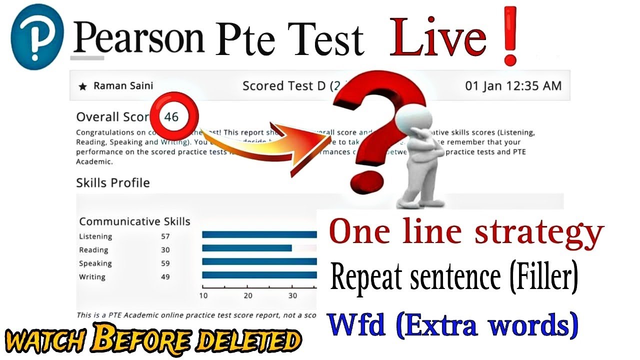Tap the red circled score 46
(171, 117)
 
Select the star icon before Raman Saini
(83, 86)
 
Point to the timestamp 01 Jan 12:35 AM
(513, 86)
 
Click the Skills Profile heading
(112, 183)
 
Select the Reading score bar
(246, 248)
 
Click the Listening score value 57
(165, 236)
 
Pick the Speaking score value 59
(165, 263)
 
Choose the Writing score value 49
(165, 277)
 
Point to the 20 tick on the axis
(248, 295)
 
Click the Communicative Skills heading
(134, 221)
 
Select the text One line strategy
(466, 232)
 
